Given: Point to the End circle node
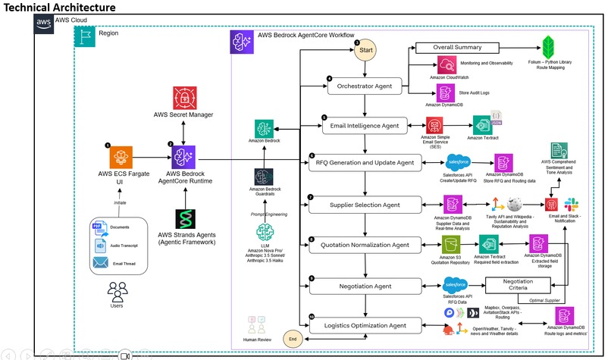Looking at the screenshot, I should pyautogui.click(x=293, y=339).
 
